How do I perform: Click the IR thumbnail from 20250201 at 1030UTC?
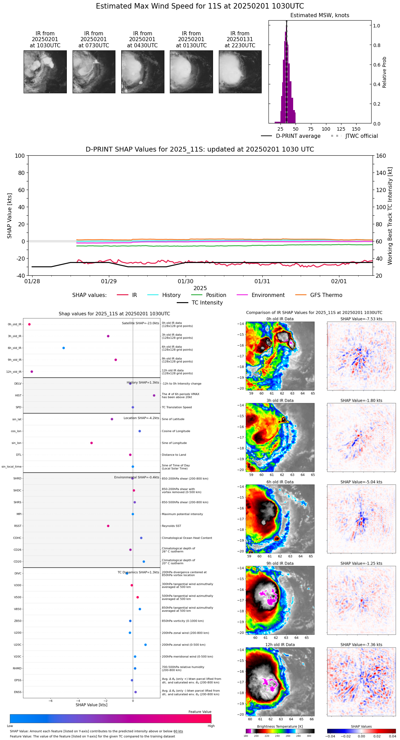coord(45,72)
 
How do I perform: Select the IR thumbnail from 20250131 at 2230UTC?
coord(240,72)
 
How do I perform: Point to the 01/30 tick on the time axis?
coord(186,281)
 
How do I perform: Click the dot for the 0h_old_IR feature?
coord(29,324)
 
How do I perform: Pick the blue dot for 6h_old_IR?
coord(64,348)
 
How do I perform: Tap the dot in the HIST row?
coord(154,395)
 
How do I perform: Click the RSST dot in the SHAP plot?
coord(108,526)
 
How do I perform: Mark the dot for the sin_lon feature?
coord(91,443)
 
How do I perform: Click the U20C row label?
coord(17,645)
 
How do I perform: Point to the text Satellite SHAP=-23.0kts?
coord(140,323)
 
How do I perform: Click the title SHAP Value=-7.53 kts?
coord(361,319)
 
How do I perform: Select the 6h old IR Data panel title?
coord(280,482)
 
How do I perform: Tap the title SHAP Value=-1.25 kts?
coord(361,563)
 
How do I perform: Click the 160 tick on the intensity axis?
coord(381,156)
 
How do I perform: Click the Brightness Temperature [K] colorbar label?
coord(280,726)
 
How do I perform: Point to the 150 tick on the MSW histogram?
coord(356,129)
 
